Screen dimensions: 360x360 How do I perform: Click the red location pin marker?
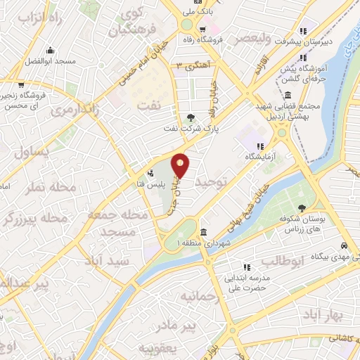[x=181, y=165]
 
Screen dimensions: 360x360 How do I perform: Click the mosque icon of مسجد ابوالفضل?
[x=50, y=50]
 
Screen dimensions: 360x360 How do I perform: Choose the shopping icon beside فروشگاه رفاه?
[x=202, y=30]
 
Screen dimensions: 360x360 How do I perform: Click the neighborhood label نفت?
[x=167, y=103]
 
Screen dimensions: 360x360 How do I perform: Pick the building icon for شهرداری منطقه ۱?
[x=203, y=233]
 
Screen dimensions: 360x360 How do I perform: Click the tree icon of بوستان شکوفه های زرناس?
[x=302, y=207]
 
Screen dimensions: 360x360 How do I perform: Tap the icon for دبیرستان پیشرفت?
[x=303, y=31]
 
